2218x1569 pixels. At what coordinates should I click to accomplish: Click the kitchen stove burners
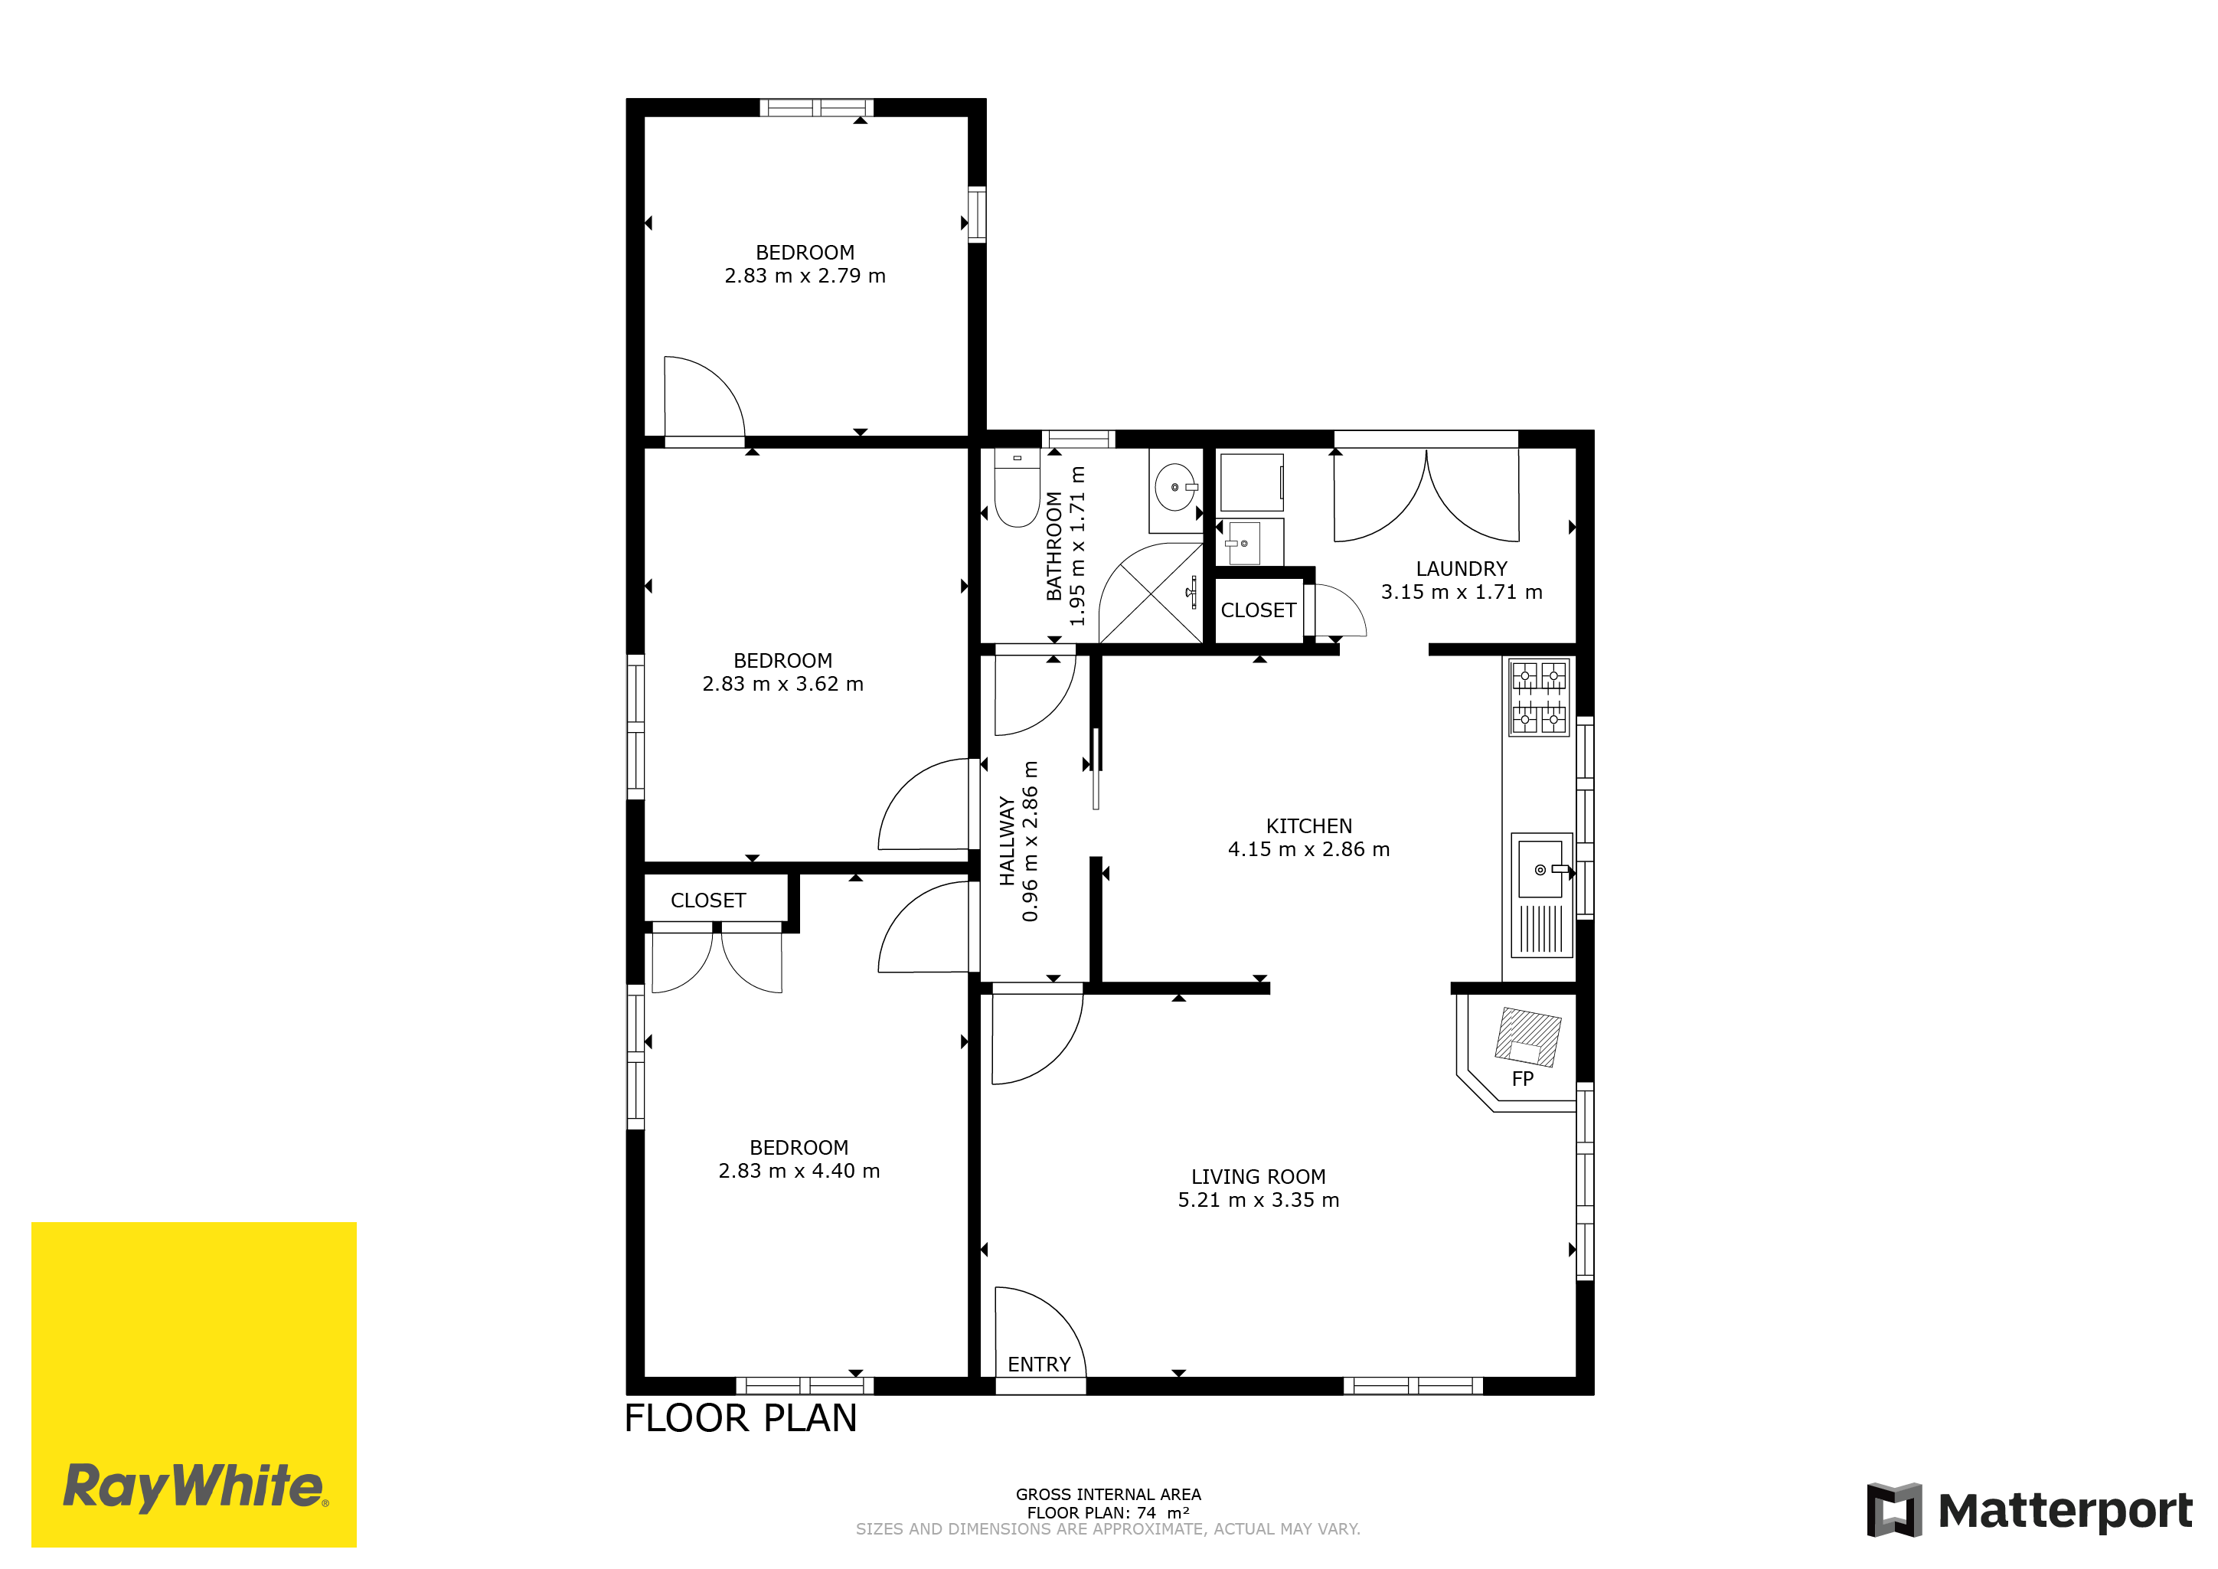pyautogui.click(x=1539, y=697)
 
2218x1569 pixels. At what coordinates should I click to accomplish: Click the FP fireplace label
pyautogui.click(x=1523, y=1078)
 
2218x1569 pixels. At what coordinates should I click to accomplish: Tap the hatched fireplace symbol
pyautogui.click(x=1527, y=1037)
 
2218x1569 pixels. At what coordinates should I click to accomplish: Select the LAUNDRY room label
pyautogui.click(x=1461, y=569)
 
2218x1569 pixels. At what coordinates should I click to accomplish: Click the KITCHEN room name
pyautogui.click(x=1309, y=826)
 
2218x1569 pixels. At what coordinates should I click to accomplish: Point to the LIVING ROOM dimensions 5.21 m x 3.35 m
pyautogui.click(x=1258, y=1200)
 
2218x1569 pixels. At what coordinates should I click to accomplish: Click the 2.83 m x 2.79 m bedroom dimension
pyautogui.click(x=805, y=276)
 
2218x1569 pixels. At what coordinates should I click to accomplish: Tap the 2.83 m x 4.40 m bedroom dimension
pyautogui.click(x=799, y=1171)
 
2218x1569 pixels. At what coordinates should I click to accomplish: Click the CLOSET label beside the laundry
pyautogui.click(x=1258, y=610)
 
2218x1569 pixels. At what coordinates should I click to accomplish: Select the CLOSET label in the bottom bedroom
pyautogui.click(x=708, y=901)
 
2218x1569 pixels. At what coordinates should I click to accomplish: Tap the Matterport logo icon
pyautogui.click(x=1893, y=1509)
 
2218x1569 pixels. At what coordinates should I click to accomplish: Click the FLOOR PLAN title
pyautogui.click(x=741, y=1418)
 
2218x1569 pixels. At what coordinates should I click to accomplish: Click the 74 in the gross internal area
pyautogui.click(x=1145, y=1513)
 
